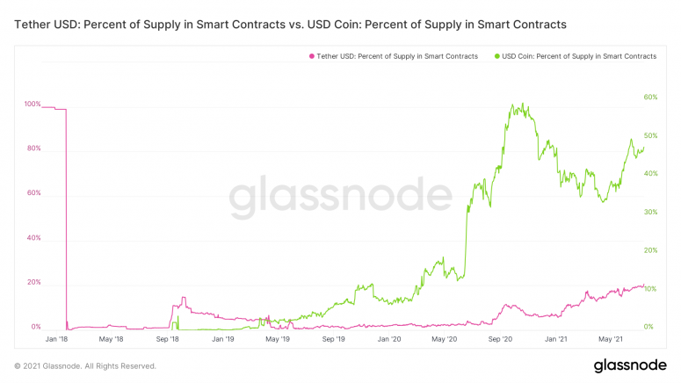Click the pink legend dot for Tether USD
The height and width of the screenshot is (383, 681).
(310, 56)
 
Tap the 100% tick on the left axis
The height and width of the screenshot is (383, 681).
(33, 105)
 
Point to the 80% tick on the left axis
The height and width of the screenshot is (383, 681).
(34, 148)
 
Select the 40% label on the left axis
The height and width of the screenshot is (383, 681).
(34, 238)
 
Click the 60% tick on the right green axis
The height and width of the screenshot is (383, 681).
(651, 97)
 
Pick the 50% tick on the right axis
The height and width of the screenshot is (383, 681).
(651, 135)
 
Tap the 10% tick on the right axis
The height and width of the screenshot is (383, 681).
(651, 289)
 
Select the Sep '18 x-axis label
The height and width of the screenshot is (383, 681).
(168, 338)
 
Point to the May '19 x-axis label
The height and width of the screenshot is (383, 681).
(279, 338)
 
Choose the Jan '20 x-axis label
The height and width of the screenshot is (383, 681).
(389, 338)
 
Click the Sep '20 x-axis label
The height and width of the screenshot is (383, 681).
(500, 338)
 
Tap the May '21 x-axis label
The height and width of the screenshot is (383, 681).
(611, 338)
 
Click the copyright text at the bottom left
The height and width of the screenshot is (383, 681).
(85, 365)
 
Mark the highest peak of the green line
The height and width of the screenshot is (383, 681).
(523, 104)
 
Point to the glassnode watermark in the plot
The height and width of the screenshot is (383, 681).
(341, 198)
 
